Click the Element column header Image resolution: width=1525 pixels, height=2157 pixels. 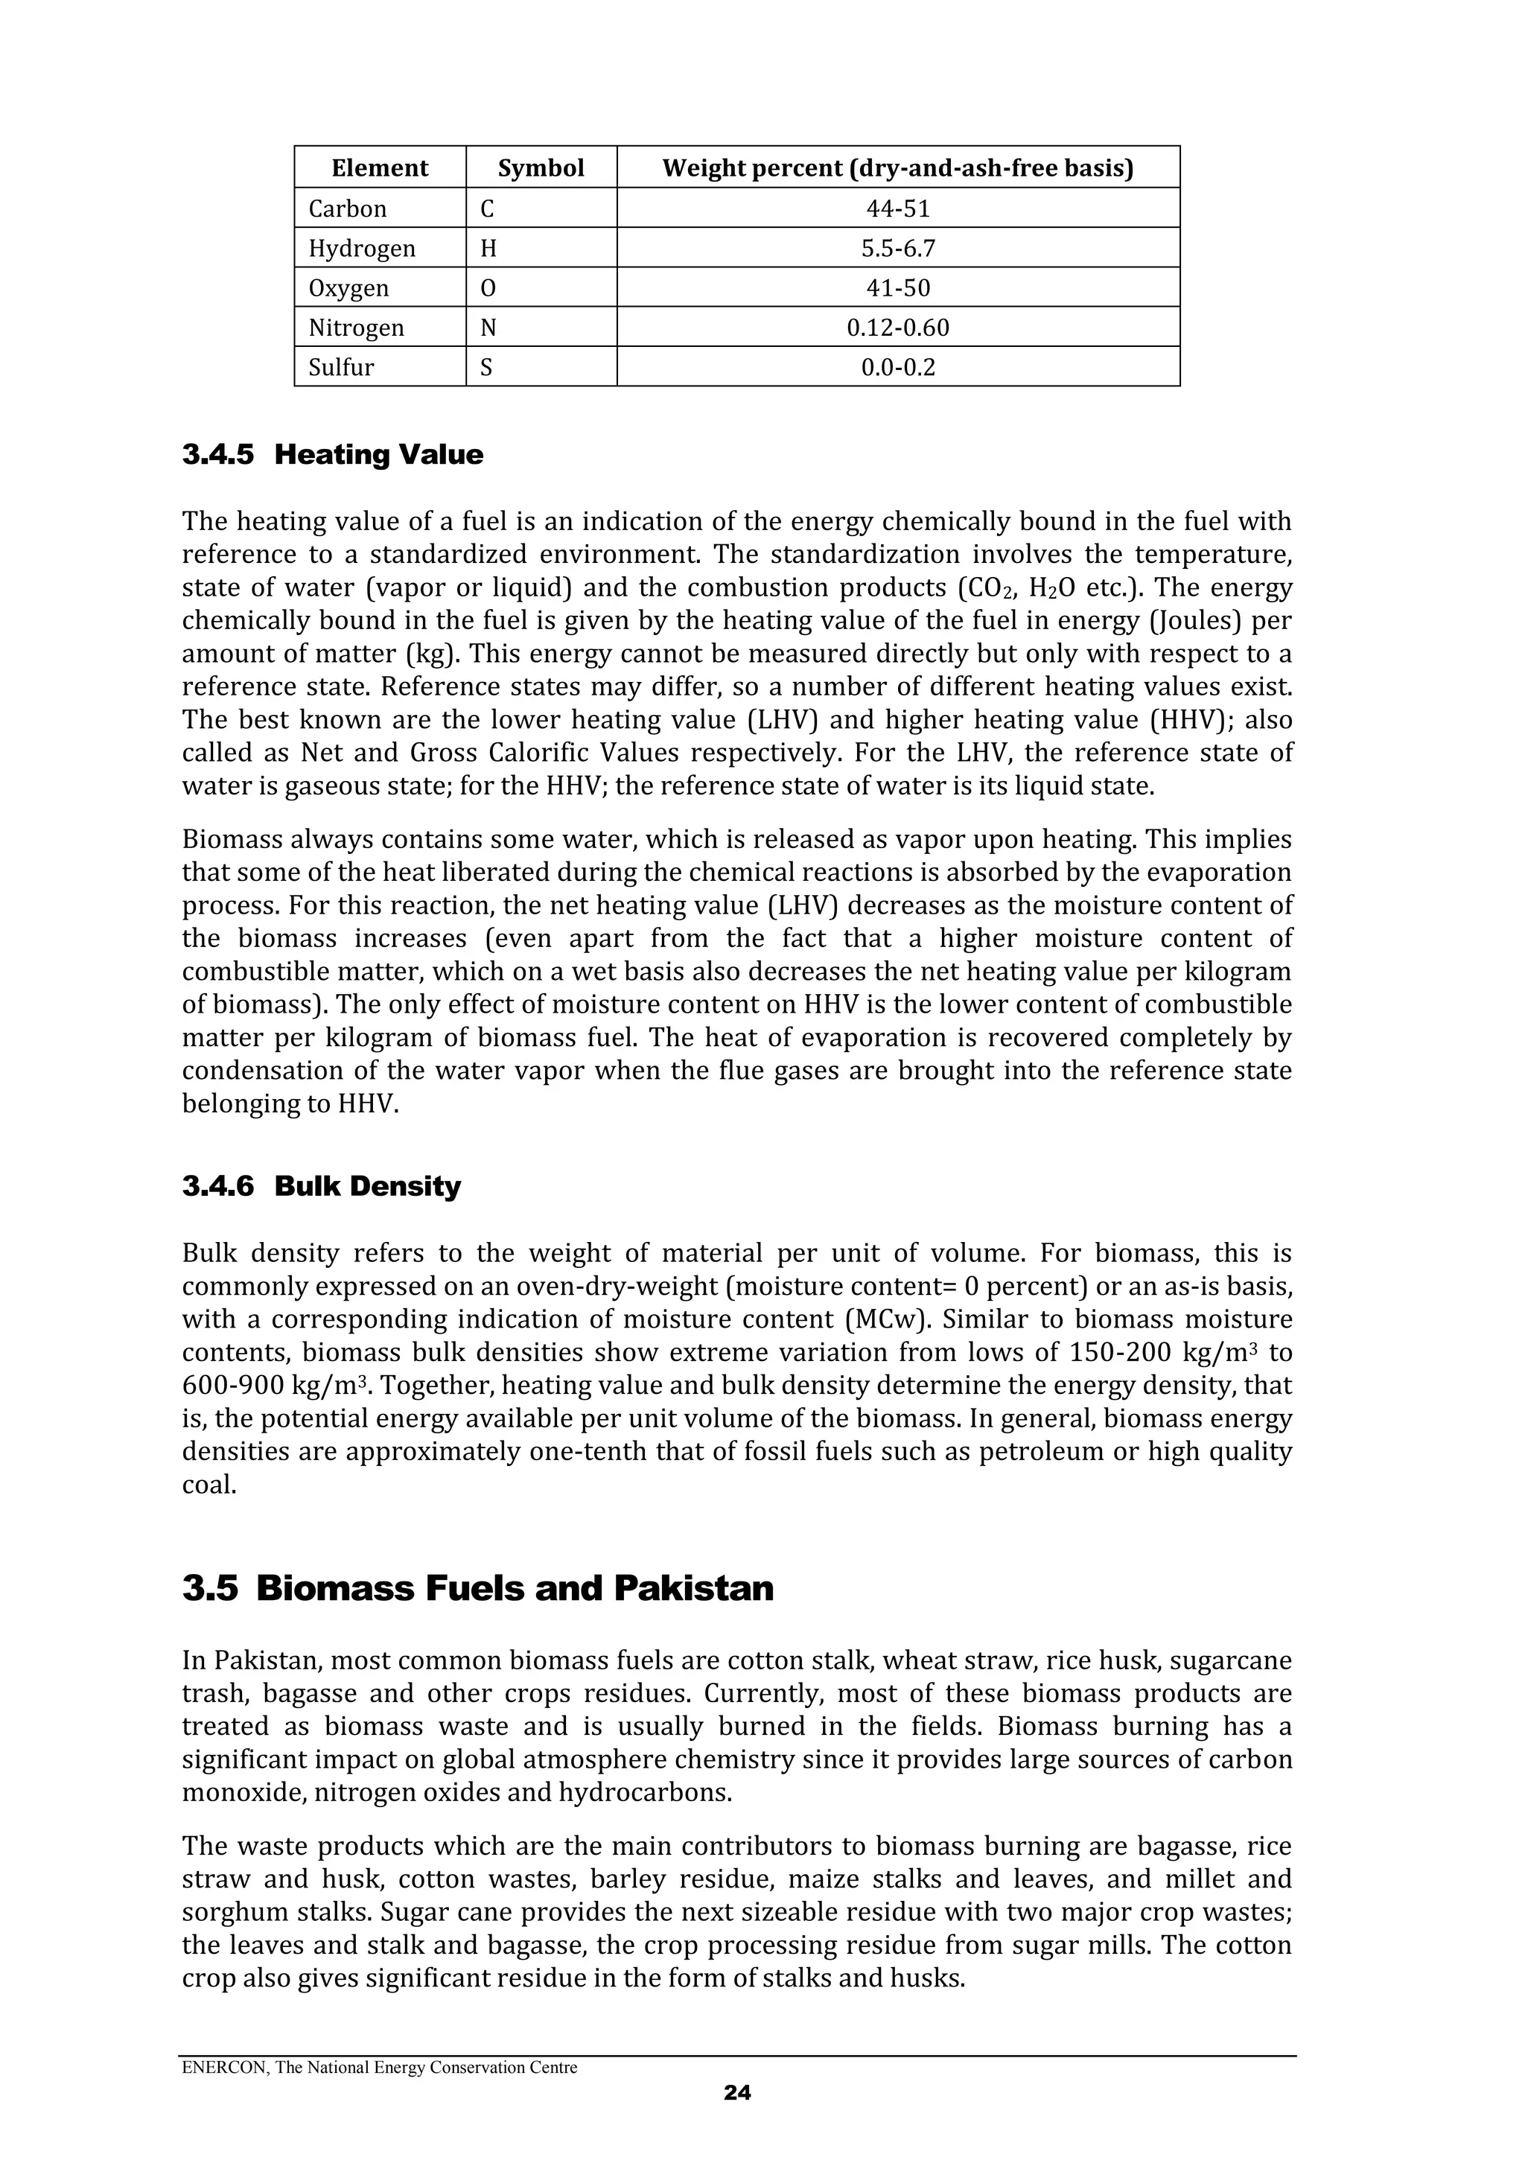coord(380,168)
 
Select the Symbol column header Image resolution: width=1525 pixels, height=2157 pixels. coord(541,168)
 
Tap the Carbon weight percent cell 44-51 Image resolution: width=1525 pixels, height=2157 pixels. coord(897,208)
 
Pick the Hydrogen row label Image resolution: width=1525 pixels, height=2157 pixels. coord(362,248)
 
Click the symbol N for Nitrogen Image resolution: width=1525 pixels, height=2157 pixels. coord(488,328)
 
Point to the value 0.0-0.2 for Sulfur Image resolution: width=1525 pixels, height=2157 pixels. coord(897,367)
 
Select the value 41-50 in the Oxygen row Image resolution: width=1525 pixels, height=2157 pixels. coord(897,287)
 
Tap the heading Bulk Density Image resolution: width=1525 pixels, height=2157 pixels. coord(367,1187)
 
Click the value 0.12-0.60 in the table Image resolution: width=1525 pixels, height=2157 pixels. coord(897,328)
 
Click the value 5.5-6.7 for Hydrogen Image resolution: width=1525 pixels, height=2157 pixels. coord(897,248)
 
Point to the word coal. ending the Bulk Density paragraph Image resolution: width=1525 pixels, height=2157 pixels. coord(208,1485)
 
